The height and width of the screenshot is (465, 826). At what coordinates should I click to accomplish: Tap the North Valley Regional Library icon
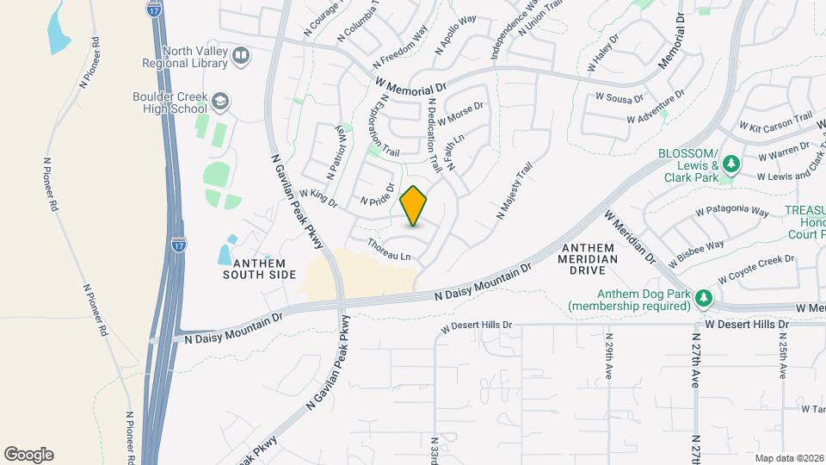(241, 57)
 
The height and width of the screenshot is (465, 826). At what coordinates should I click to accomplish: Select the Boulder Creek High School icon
(221, 102)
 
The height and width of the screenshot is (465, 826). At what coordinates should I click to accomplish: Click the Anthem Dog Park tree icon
(705, 297)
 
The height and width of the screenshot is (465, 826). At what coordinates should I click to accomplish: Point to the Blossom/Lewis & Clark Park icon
(731, 164)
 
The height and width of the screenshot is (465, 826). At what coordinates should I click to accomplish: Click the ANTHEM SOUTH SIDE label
(259, 269)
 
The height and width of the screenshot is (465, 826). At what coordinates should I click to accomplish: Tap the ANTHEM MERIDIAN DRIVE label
(589, 258)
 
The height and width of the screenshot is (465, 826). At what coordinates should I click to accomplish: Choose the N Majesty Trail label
(515, 189)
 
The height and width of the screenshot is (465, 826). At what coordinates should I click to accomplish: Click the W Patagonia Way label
(731, 210)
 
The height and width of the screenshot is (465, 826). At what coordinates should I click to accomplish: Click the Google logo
(28, 455)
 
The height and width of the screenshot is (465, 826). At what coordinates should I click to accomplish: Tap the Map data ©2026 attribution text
(789, 458)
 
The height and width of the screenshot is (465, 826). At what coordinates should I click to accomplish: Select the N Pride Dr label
(377, 195)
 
